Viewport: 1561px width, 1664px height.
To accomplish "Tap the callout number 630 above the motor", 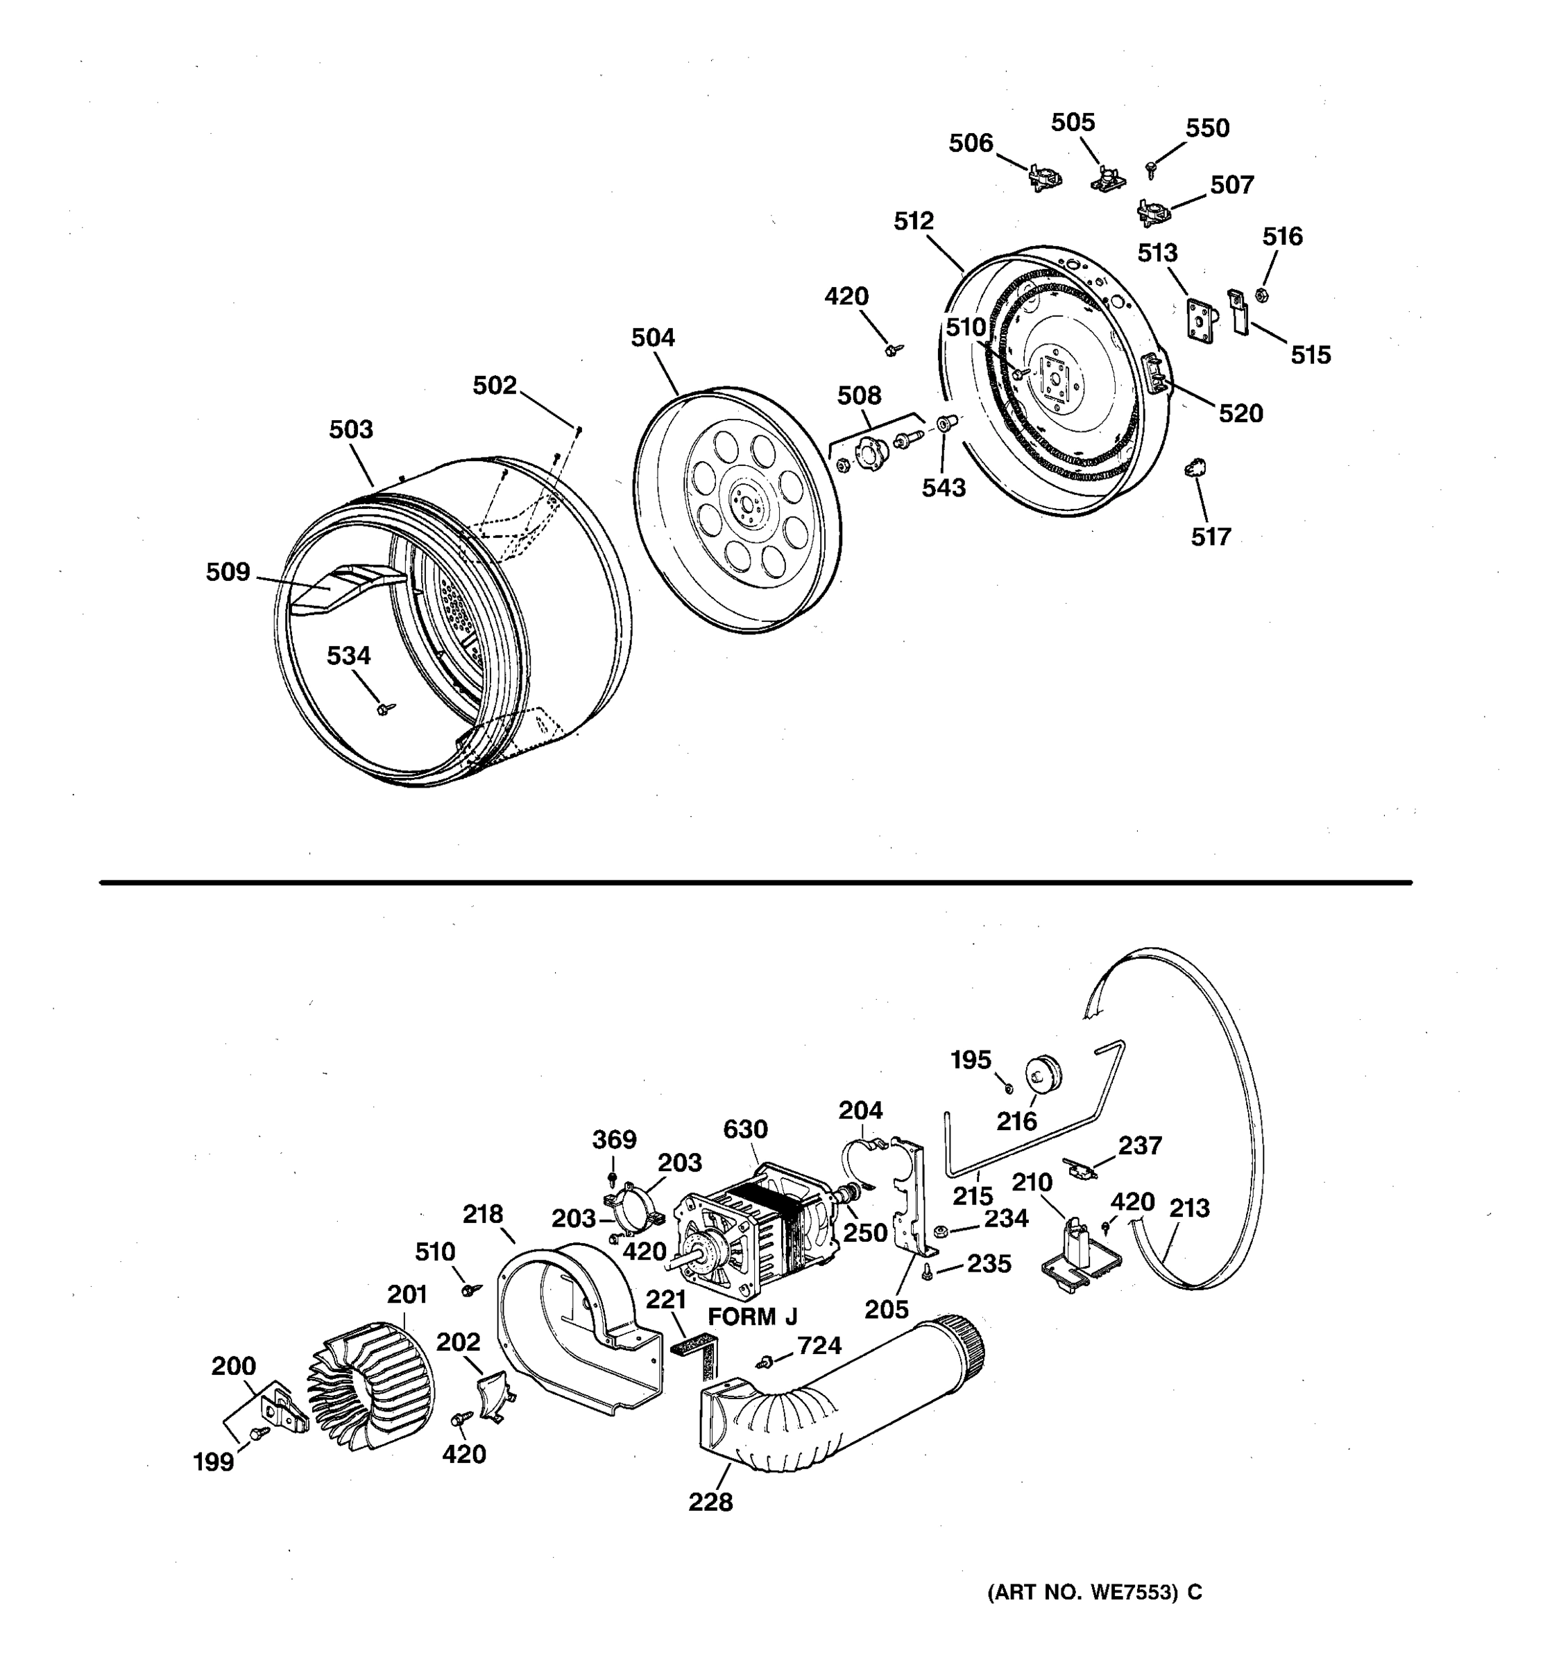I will point(745,1129).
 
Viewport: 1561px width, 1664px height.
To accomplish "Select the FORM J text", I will point(752,1317).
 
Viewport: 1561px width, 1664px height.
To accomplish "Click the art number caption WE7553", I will point(1095,1592).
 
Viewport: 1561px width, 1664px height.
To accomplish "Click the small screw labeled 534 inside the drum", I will point(384,709).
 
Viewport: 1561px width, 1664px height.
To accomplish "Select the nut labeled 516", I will point(1261,295).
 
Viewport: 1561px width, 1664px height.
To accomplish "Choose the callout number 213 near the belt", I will point(1189,1208).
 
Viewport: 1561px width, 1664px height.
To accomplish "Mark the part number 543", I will point(944,488).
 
